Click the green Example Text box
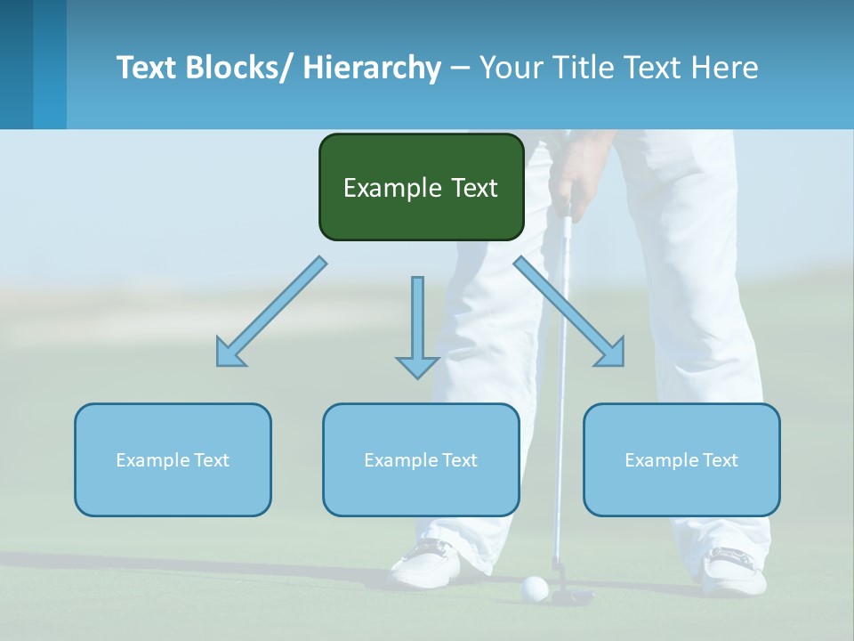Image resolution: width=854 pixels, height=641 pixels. coord(421,187)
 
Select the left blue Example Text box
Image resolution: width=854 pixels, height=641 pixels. coord(173,459)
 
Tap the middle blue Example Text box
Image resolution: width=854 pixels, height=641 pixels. coord(421,459)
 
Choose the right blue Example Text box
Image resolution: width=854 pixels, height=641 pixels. coord(681,459)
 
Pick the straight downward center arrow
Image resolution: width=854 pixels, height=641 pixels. coord(417,329)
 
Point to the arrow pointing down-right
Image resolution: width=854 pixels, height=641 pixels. coord(570,312)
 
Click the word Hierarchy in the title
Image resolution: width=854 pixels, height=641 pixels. coord(371,68)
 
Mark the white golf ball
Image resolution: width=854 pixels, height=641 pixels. coord(535,588)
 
